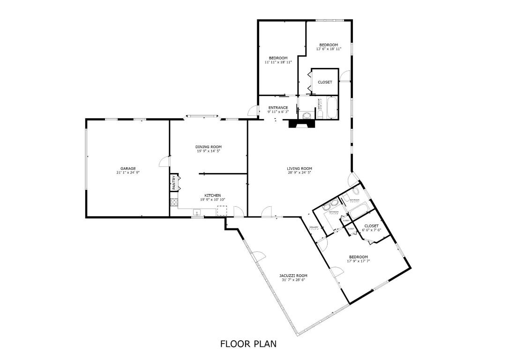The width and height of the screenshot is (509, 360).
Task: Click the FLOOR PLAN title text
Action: click(x=248, y=344)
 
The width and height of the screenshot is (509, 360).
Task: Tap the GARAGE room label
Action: click(x=128, y=168)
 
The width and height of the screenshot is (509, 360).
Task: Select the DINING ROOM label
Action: click(x=209, y=147)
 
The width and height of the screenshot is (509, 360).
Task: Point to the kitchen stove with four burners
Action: click(x=174, y=202)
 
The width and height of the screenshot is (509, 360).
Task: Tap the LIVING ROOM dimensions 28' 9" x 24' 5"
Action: click(x=299, y=172)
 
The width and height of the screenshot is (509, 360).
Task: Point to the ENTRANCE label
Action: click(x=278, y=108)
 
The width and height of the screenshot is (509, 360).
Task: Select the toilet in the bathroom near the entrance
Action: click(x=307, y=115)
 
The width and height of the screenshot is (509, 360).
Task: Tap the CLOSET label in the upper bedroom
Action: click(x=325, y=82)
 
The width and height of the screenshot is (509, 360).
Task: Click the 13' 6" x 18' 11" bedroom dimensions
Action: click(x=329, y=49)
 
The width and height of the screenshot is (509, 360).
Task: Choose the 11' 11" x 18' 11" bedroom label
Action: click(x=278, y=62)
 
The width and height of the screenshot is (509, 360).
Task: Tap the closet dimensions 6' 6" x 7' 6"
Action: click(x=371, y=230)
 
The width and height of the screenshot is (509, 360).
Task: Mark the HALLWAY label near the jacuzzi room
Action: click(x=314, y=227)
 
